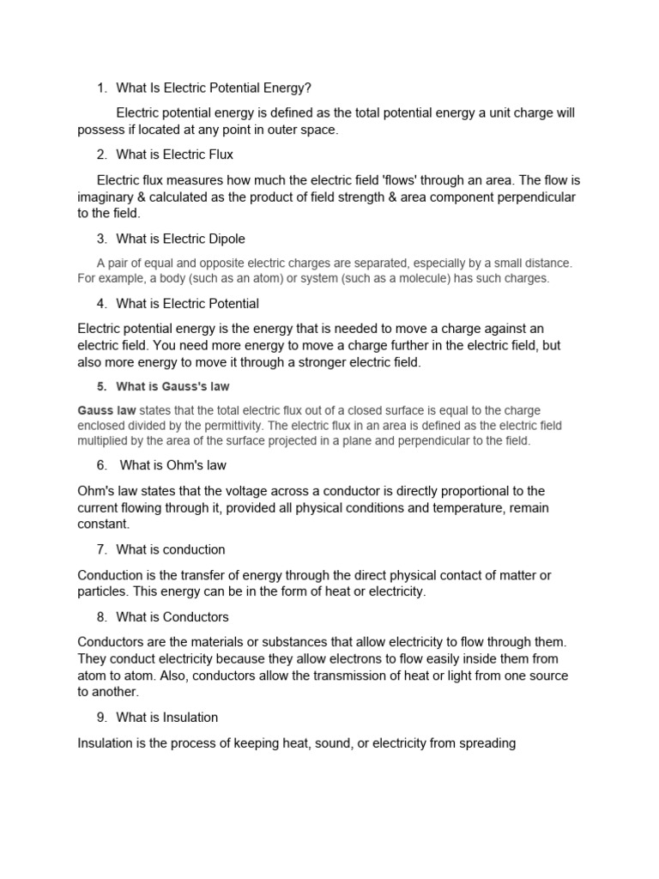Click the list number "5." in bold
click(x=101, y=386)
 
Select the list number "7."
click(x=102, y=549)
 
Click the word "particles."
click(x=106, y=591)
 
